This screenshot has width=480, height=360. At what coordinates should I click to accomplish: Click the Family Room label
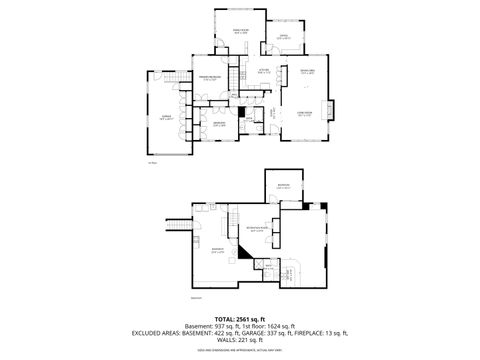click(x=240, y=33)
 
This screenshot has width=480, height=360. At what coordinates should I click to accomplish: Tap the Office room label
click(x=283, y=37)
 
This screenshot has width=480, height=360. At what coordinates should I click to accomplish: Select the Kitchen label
click(x=264, y=69)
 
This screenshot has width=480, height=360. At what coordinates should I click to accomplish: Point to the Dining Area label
click(x=308, y=70)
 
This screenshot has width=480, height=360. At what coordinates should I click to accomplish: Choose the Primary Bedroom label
click(x=209, y=79)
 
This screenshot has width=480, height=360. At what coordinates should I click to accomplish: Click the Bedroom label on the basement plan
click(x=283, y=186)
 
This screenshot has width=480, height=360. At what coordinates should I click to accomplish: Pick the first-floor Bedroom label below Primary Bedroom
click(x=219, y=124)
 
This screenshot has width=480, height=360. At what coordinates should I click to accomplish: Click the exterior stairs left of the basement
click(x=181, y=226)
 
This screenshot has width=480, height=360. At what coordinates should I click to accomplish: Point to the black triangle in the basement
click(x=243, y=254)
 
